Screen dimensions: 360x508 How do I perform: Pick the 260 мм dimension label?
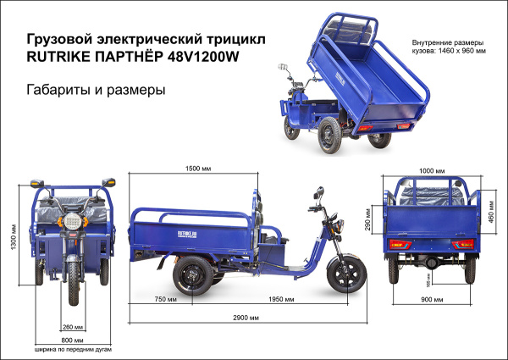click(x=73, y=327)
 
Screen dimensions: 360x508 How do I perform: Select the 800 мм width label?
click(x=73, y=340)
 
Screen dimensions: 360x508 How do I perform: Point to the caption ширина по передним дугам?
click(x=73, y=349)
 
